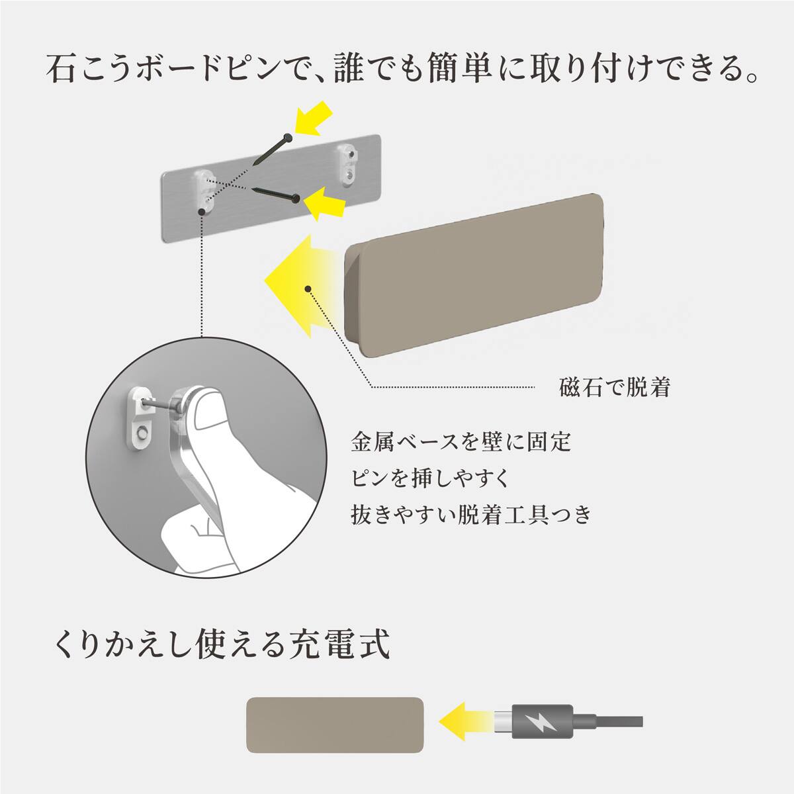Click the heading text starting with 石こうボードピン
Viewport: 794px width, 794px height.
[x=397, y=69]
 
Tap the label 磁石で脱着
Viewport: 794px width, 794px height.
[x=615, y=387]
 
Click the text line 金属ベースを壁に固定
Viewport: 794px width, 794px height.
[x=461, y=441]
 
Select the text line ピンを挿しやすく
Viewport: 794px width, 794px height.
[x=431, y=478]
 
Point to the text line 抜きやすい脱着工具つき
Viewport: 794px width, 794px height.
[x=470, y=514]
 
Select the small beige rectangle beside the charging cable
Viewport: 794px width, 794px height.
[x=335, y=725]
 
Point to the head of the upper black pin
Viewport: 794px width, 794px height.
[x=287, y=138]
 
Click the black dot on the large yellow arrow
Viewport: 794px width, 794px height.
[x=307, y=288]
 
